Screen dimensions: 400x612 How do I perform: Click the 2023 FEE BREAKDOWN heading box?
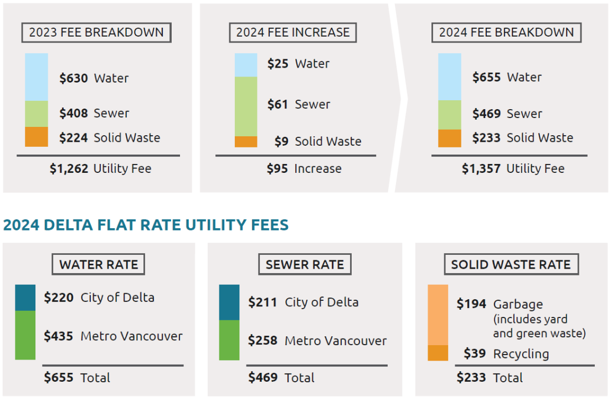click(x=96, y=33)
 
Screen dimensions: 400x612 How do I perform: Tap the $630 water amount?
click(x=74, y=79)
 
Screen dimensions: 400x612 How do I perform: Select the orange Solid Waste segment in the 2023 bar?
click(x=37, y=137)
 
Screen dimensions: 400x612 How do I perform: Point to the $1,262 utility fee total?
click(x=69, y=169)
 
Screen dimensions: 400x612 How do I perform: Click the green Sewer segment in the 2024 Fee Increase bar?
click(x=246, y=106)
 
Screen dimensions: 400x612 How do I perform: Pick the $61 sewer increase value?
click(x=277, y=105)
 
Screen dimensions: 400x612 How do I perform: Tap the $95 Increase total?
click(x=277, y=169)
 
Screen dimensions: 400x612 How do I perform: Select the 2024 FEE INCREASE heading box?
click(x=292, y=33)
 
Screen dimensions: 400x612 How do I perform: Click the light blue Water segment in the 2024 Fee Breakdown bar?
click(x=449, y=77)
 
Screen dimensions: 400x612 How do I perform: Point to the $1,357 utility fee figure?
click(x=481, y=169)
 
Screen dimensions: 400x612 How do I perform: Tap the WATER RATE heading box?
click(x=99, y=265)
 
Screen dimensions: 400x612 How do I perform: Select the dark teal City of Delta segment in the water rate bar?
click(x=25, y=298)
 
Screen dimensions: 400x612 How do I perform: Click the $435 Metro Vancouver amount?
click(x=59, y=336)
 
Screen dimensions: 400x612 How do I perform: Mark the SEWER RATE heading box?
click(x=305, y=265)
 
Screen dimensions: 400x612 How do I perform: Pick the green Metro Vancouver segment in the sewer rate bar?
click(x=229, y=340)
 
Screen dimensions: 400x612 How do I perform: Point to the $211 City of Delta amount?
click(x=263, y=302)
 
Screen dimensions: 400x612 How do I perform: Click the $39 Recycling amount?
click(x=475, y=354)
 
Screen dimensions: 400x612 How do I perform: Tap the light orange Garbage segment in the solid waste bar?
click(x=438, y=315)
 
